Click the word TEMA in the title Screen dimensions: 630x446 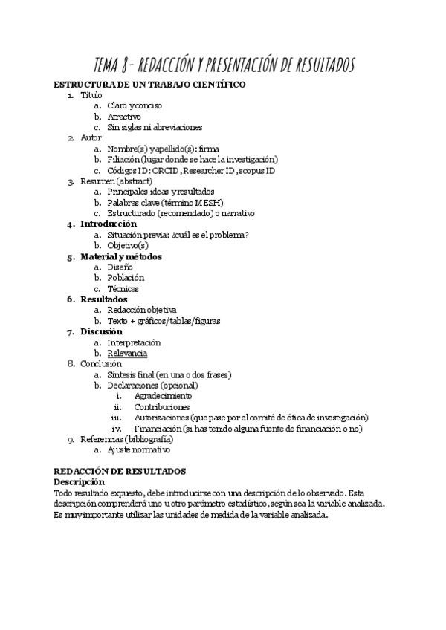point(109,65)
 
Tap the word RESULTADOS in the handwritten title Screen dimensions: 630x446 point(316,65)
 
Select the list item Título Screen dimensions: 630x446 point(91,95)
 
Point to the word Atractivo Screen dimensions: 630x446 point(124,117)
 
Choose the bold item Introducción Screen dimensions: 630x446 point(109,224)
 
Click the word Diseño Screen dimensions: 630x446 point(120,267)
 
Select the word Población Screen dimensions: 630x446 point(126,278)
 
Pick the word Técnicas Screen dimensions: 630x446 point(123,288)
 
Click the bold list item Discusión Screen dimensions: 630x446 point(102,332)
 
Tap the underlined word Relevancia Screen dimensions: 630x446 point(127,354)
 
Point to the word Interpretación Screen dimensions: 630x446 point(134,342)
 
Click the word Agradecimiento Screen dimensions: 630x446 point(164,396)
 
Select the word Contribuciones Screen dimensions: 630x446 point(162,407)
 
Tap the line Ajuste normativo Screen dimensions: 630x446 point(139,449)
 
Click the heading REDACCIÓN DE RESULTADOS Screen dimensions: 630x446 point(120,471)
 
